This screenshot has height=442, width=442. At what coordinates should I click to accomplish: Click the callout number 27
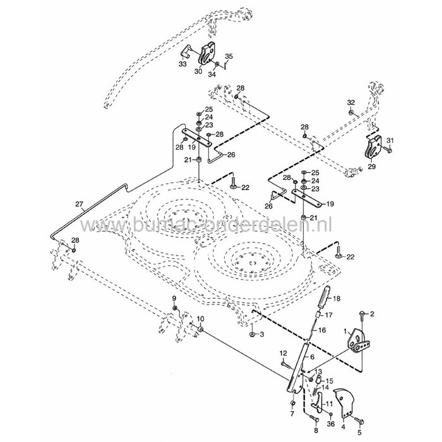click(x=79, y=204)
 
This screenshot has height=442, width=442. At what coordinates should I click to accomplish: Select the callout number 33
click(x=183, y=64)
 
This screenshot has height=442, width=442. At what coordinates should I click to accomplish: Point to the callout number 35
click(x=229, y=56)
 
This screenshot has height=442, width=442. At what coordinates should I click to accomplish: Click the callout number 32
click(x=351, y=102)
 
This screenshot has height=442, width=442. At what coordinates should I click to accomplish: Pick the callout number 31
click(x=390, y=140)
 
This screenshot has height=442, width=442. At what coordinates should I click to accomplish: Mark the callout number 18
click(x=337, y=299)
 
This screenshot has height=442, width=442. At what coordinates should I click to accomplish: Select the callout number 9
click(x=175, y=297)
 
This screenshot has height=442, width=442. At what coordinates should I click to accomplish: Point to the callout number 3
click(x=261, y=334)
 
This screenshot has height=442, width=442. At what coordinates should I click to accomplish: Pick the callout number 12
click(x=283, y=352)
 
